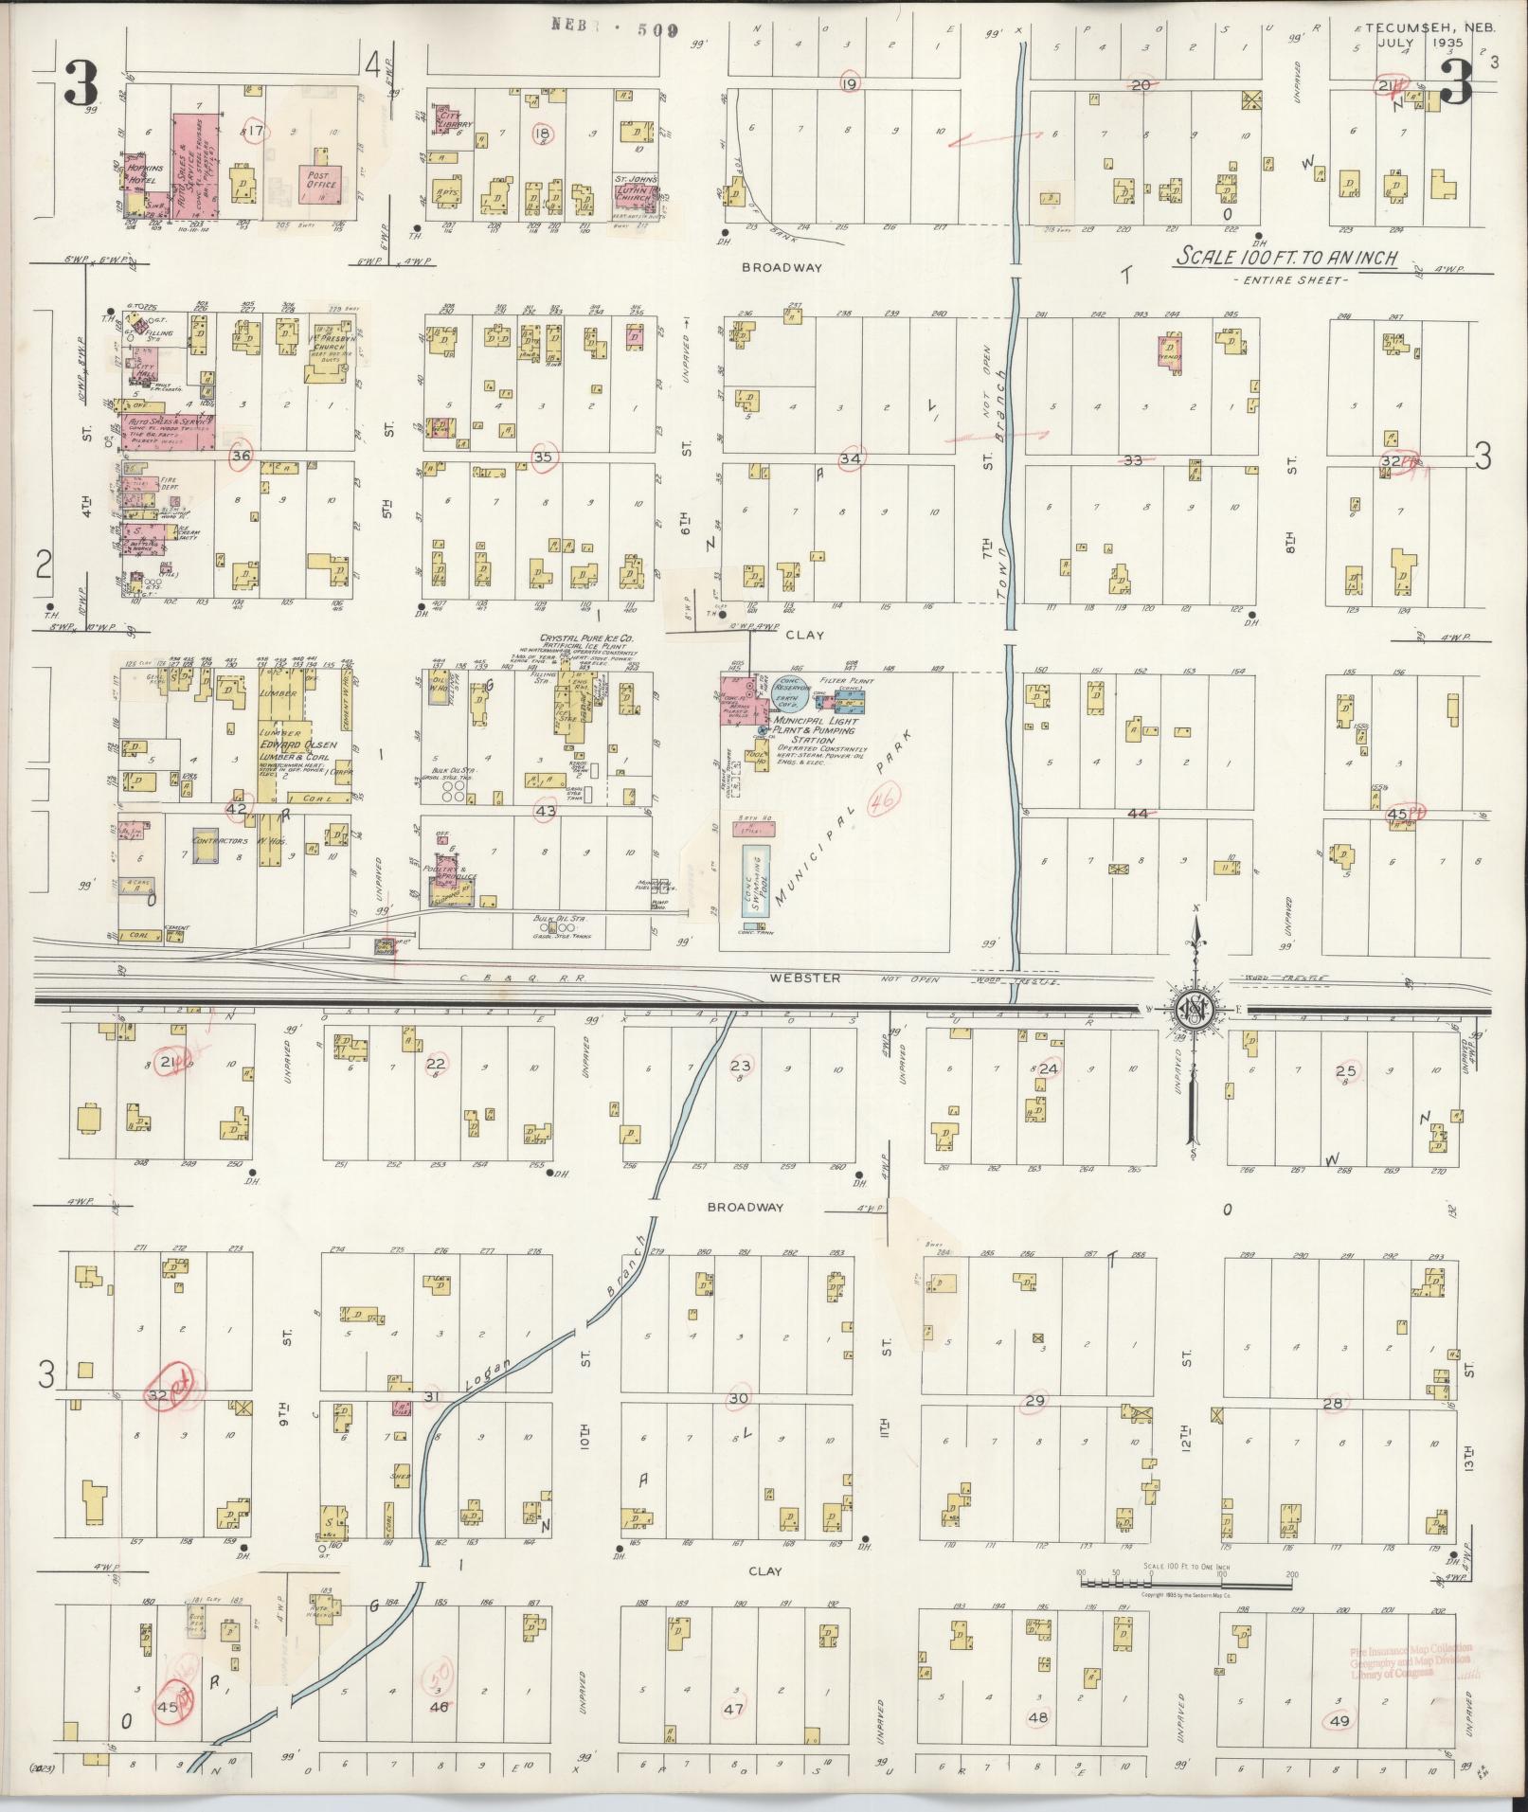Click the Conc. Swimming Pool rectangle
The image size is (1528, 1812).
tap(757, 880)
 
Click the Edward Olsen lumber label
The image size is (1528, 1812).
tap(288, 745)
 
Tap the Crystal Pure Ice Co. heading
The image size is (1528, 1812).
tap(586, 639)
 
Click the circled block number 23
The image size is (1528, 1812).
tap(740, 1066)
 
